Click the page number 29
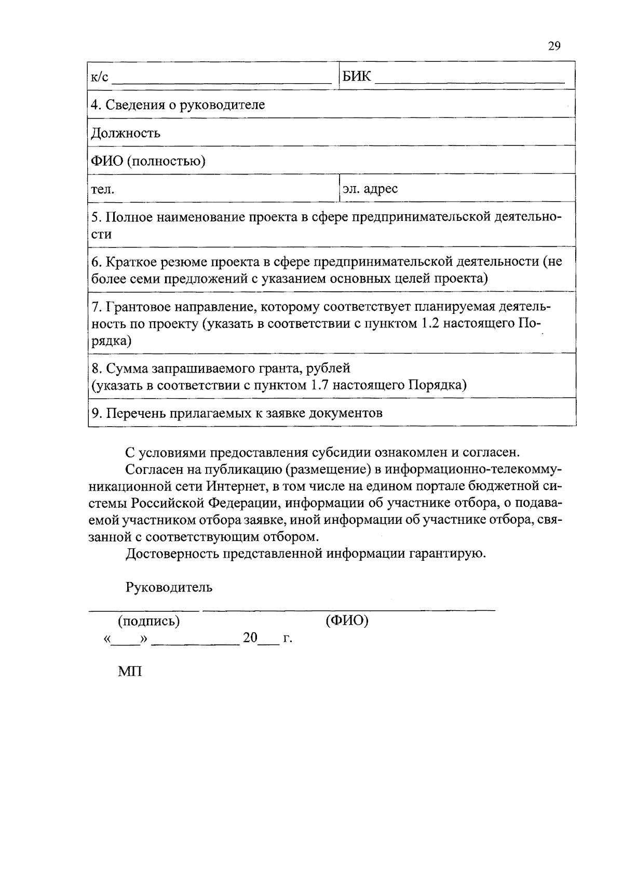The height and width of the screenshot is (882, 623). [x=554, y=46]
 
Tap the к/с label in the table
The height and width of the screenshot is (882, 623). [x=100, y=77]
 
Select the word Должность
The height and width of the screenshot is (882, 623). [x=126, y=133]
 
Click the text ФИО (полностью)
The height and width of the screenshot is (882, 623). [x=148, y=161]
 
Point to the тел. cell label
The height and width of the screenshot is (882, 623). [x=103, y=189]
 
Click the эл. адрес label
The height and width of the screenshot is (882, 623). [x=370, y=188]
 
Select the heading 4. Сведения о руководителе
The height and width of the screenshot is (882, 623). [x=178, y=104]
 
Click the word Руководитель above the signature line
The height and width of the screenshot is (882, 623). [x=169, y=587]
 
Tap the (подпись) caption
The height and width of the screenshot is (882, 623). [x=150, y=621]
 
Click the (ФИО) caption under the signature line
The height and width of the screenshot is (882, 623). [x=347, y=621]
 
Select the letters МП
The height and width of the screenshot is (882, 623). [x=130, y=671]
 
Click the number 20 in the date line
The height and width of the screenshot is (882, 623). [x=250, y=638]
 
